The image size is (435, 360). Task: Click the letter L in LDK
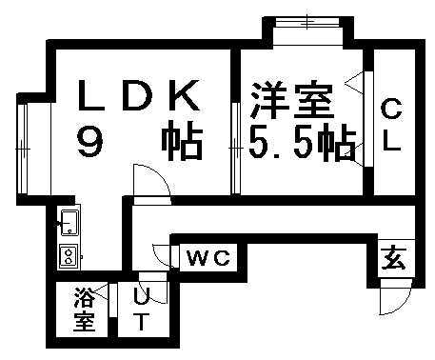pyautogui.click(x=92, y=96)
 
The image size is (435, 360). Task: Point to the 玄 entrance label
pyautogui.click(x=393, y=258)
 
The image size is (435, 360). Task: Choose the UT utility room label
pyautogui.click(x=140, y=310)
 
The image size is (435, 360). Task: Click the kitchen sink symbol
pyautogui.click(x=69, y=225)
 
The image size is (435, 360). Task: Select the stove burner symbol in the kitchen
pyautogui.click(x=69, y=254)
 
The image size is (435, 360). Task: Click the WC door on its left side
pyautogui.click(x=162, y=256)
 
